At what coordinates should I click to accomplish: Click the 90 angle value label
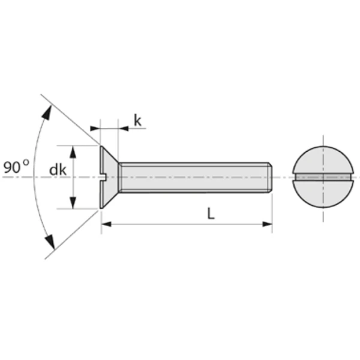point(12,167)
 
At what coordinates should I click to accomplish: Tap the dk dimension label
point(58,170)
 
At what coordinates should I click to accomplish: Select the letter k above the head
point(137,121)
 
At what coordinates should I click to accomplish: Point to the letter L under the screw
point(211,214)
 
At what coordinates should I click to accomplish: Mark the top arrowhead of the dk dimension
point(73,151)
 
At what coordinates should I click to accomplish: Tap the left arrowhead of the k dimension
point(95,128)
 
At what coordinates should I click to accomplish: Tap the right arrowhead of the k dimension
point(124,128)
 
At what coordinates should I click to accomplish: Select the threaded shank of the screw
point(192,177)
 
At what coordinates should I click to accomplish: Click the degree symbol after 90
point(26,163)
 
